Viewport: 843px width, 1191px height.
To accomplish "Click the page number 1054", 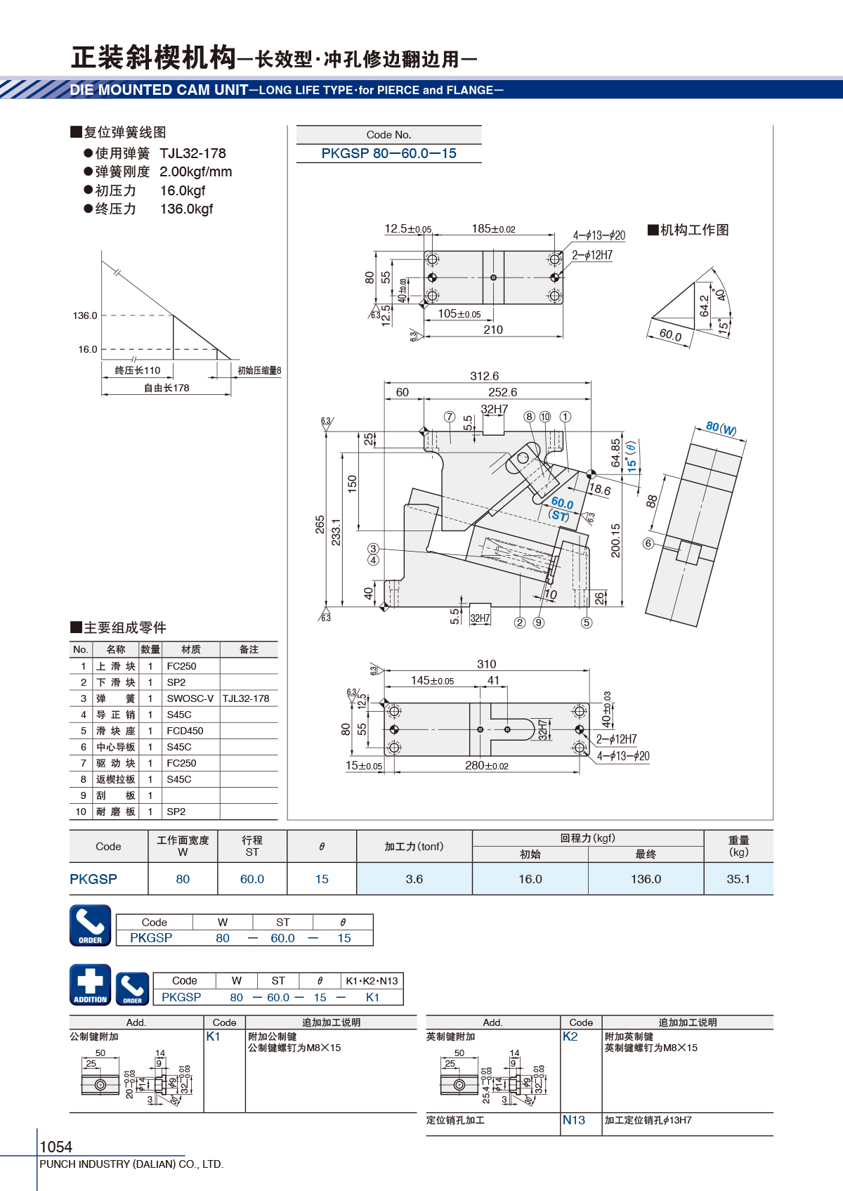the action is click(55, 1146).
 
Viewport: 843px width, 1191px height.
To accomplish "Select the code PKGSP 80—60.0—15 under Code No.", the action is click(388, 154).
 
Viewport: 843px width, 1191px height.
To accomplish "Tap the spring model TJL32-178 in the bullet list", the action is click(193, 154).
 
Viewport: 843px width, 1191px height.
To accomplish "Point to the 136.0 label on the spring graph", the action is click(85, 315).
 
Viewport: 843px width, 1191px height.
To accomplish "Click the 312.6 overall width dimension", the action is click(484, 376).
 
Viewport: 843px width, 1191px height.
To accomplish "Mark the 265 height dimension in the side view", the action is click(320, 524).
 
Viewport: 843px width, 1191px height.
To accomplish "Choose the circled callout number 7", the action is click(450, 416).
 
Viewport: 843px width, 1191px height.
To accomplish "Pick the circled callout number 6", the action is click(648, 543).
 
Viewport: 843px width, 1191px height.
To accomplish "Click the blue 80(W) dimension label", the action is click(721, 428).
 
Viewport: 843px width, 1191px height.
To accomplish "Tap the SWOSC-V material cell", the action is click(190, 698).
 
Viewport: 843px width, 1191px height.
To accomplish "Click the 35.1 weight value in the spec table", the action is click(738, 879).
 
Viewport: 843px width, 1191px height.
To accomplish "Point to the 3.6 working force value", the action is click(414, 879).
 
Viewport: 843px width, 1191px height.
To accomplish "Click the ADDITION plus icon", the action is click(91, 984).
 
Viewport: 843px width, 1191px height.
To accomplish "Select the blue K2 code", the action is click(570, 1036).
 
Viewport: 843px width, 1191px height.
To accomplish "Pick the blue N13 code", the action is click(573, 1120).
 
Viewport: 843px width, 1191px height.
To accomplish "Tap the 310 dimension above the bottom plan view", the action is click(486, 663).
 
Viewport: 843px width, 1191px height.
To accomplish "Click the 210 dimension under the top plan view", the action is click(493, 330).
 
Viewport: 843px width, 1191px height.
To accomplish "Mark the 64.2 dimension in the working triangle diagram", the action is click(705, 306).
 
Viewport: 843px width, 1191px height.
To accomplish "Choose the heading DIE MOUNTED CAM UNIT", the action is click(159, 90).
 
